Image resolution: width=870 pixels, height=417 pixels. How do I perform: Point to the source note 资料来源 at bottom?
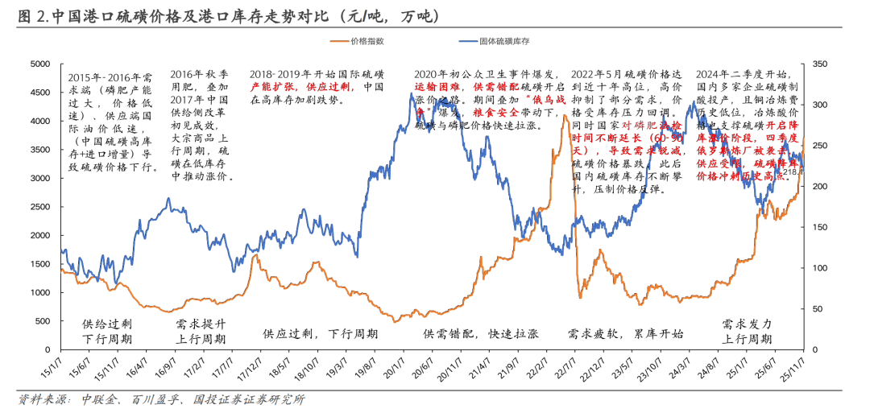[161, 400]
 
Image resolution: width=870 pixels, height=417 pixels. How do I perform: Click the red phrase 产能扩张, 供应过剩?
[302, 87]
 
